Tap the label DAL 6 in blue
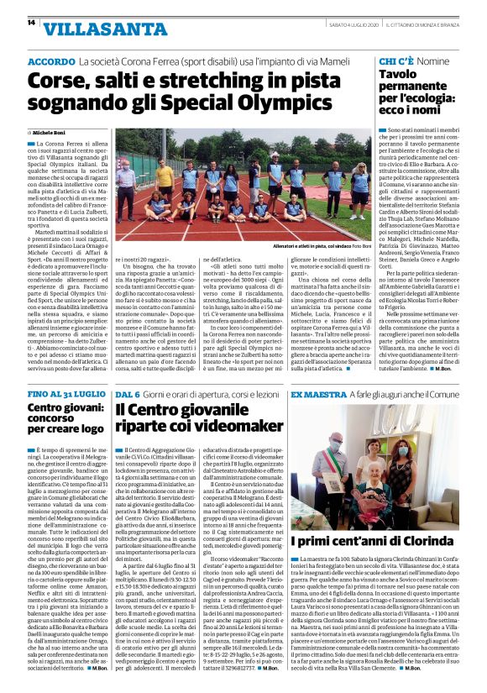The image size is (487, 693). click(x=126, y=394)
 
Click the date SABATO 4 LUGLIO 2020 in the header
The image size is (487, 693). click(x=361, y=23)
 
